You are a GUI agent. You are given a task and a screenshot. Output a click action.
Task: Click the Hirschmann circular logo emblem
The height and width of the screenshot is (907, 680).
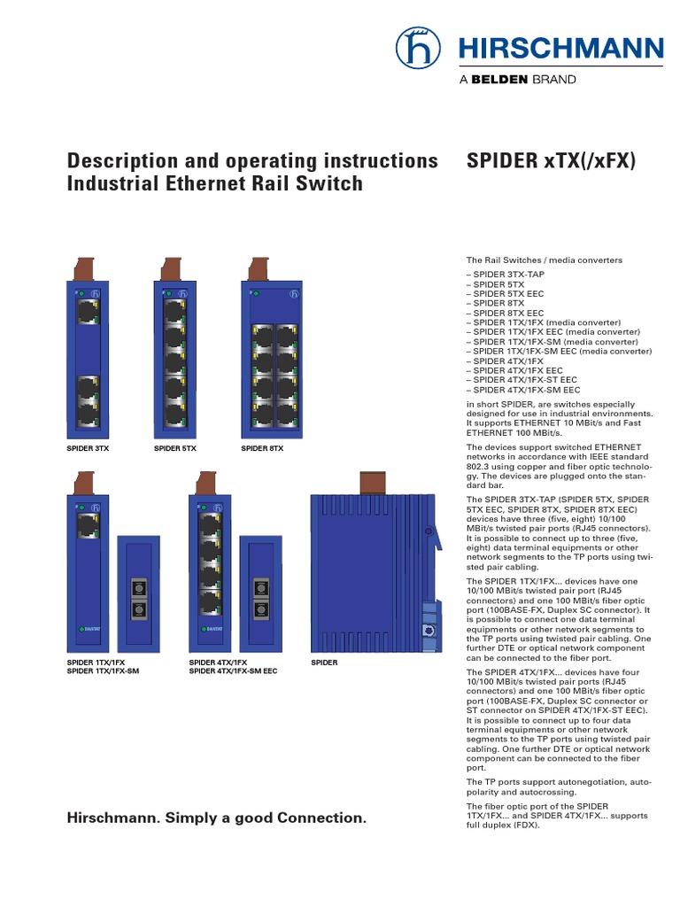(x=418, y=48)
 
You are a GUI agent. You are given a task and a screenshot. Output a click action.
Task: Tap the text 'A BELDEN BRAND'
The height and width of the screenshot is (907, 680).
(x=517, y=79)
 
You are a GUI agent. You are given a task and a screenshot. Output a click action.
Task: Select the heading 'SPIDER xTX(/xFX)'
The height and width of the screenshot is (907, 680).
(x=550, y=161)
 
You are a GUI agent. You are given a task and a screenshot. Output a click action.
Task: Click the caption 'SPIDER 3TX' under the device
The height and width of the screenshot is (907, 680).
(x=88, y=449)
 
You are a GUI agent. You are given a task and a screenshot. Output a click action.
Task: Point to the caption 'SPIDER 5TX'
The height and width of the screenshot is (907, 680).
(x=175, y=449)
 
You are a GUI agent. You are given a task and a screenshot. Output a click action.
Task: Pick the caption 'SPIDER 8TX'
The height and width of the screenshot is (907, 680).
(x=262, y=449)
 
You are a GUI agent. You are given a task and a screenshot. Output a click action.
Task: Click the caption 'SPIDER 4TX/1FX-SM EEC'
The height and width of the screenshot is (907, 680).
(x=233, y=671)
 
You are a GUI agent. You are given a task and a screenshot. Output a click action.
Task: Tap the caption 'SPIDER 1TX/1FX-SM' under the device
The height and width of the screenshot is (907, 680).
(x=104, y=671)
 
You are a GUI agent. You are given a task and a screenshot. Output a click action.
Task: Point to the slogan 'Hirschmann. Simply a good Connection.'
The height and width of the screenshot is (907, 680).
(x=217, y=818)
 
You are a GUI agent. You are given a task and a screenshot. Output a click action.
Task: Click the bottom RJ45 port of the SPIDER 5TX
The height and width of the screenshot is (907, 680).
(x=174, y=415)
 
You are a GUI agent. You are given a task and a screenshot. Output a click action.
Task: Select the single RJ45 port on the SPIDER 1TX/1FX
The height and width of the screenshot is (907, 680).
(x=87, y=527)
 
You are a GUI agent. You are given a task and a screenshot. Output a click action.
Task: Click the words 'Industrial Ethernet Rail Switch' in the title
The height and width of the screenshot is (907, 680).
(x=215, y=184)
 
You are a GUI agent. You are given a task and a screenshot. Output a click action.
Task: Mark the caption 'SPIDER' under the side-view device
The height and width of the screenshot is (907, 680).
(x=324, y=663)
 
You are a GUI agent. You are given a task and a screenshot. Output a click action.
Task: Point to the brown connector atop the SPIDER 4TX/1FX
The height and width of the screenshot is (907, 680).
(x=207, y=485)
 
